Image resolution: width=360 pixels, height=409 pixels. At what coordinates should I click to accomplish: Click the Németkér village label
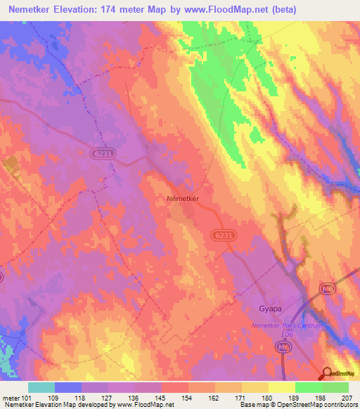(184, 199)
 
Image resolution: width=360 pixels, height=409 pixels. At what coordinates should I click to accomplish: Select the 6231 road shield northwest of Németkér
(103, 152)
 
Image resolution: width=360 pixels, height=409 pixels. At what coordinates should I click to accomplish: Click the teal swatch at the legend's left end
(41, 387)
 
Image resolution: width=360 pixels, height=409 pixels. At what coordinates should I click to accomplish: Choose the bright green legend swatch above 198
(308, 387)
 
